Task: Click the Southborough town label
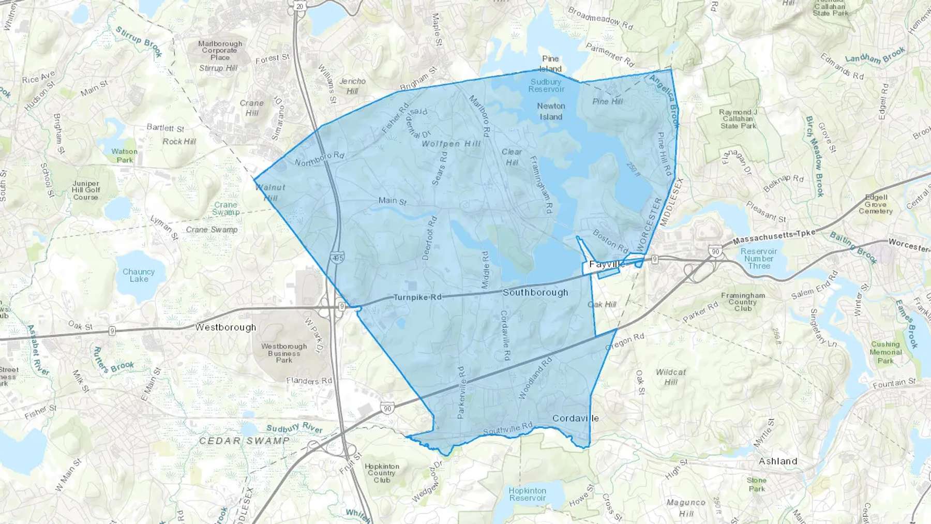535,292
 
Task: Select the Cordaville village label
575,418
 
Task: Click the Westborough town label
226,327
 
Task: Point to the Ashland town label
777,461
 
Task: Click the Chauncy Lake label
139,275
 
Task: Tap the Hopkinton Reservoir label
527,494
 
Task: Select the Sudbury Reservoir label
546,85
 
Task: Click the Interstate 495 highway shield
337,258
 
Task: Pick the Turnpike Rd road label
417,297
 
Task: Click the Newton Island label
551,111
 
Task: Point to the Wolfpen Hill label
451,144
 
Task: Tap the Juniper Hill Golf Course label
86,190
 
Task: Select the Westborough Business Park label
284,353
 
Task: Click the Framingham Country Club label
743,302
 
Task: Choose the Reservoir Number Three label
759,259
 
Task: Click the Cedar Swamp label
244,441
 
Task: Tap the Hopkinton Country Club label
382,473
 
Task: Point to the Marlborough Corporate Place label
220,51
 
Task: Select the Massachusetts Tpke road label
773,237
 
